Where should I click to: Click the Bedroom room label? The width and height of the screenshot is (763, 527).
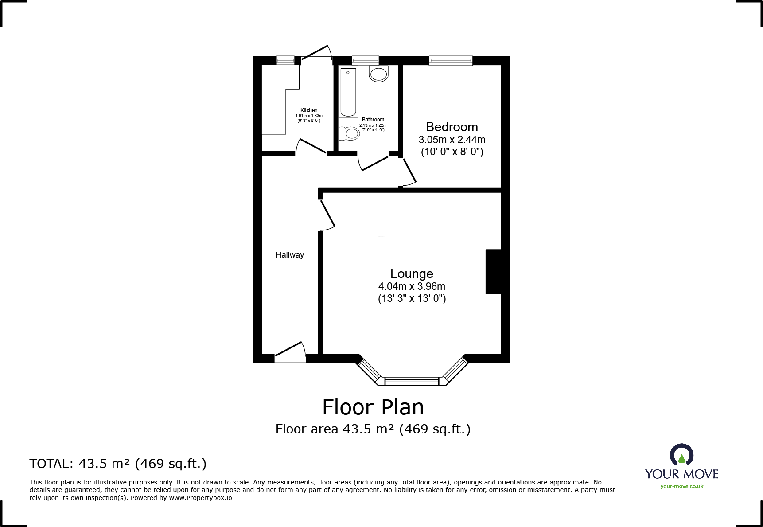pos(452,127)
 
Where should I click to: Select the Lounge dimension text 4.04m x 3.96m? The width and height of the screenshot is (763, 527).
pos(412,286)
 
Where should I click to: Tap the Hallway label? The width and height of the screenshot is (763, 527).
pos(290,255)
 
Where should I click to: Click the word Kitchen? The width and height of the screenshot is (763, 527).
pos(309,110)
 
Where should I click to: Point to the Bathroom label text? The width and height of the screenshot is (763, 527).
pos(373,120)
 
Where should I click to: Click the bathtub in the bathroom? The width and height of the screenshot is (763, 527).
pos(348,92)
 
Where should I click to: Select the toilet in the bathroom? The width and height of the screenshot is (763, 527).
pos(350,133)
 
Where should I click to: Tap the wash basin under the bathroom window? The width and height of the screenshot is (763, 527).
pos(379,74)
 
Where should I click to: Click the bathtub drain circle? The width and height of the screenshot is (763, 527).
pos(348,72)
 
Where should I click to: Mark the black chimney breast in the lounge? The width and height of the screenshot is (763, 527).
pos(494,272)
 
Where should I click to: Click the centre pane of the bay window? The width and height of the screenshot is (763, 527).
pos(412,381)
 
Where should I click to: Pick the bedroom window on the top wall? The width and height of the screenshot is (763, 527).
pos(451,60)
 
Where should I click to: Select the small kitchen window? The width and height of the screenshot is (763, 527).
pos(285,60)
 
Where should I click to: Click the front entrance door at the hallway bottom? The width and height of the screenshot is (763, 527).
pos(290,352)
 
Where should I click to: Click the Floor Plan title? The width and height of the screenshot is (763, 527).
pos(373,407)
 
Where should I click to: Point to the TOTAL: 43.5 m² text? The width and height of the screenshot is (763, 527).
pos(118,464)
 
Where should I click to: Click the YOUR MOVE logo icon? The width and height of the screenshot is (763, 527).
pos(681,455)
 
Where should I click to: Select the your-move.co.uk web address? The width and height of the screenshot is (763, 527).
pos(681,486)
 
